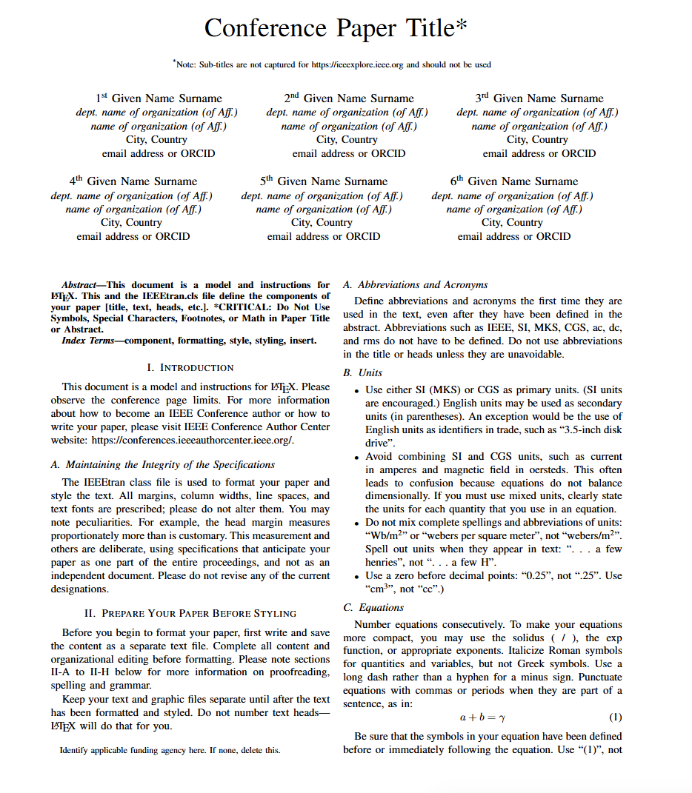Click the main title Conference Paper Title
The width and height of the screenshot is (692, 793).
pos(336,28)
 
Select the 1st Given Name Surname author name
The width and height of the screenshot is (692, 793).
pos(159,98)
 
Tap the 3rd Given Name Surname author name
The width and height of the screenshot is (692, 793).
pos(539,98)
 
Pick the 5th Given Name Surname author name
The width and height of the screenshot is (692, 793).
pos(324,181)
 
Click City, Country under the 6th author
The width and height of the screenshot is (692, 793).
pos(513,222)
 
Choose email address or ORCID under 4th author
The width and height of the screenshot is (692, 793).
pos(133,236)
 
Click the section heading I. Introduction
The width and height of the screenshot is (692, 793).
pos(190,367)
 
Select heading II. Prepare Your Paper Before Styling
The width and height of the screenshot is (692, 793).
pos(190,613)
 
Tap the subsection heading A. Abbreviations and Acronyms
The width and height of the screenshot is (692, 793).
pos(416,284)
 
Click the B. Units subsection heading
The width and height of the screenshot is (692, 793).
pos(362,373)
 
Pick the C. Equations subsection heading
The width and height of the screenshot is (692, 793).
pos(373,607)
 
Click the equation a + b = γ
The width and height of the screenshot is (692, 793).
pos(482,717)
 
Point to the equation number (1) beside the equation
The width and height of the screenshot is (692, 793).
pos(615,717)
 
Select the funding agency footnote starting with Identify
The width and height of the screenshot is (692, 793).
pos(170,750)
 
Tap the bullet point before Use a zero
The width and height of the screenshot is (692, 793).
pos(357,577)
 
